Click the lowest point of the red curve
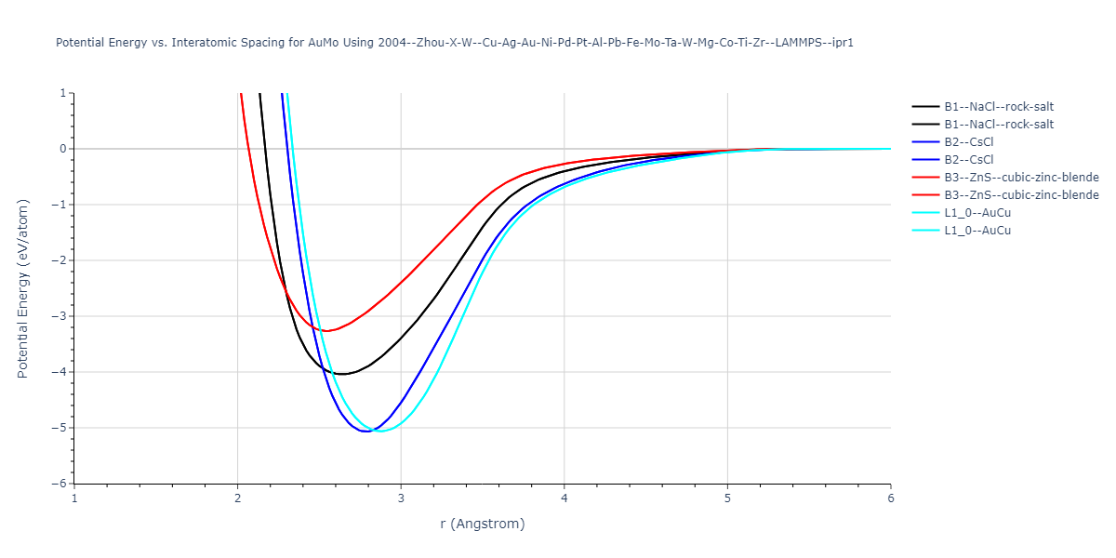coord(325,331)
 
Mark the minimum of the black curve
coord(342,374)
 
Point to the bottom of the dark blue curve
coord(365,432)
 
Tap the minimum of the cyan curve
coord(379,432)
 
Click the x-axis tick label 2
coord(237,498)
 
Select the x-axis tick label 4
coord(565,498)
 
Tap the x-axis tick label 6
coord(890,498)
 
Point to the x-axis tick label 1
coord(74,498)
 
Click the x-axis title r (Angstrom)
coord(483,524)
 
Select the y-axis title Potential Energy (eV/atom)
coord(23,288)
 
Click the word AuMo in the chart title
coord(326,43)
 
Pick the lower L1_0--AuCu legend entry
coord(976,231)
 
